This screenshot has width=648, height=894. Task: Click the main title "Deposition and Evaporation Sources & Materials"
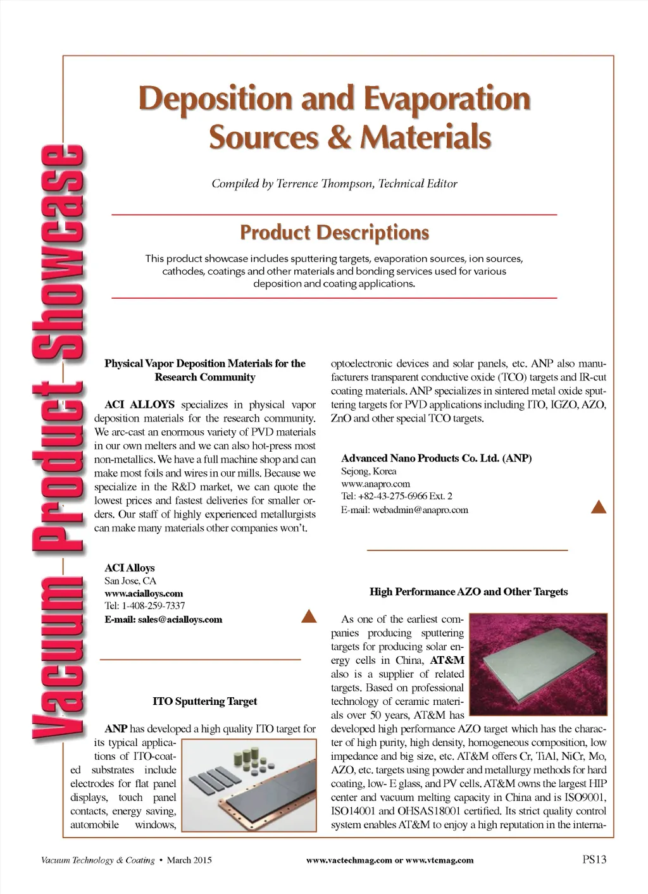334,118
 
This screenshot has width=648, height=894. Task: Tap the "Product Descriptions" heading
334,232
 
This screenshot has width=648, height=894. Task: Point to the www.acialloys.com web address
144,593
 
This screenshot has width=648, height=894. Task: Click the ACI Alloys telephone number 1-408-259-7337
153,606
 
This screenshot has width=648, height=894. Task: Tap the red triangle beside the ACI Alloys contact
309,616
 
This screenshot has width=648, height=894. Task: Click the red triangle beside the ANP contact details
598,506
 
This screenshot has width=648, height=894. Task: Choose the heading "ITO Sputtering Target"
204,701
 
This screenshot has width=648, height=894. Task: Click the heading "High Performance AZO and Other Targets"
468,592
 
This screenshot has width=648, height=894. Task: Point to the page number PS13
594,859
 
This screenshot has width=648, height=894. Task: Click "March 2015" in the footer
189,860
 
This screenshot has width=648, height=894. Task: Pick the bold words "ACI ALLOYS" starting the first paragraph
139,404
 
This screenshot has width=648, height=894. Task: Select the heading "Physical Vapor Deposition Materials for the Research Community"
204,370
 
